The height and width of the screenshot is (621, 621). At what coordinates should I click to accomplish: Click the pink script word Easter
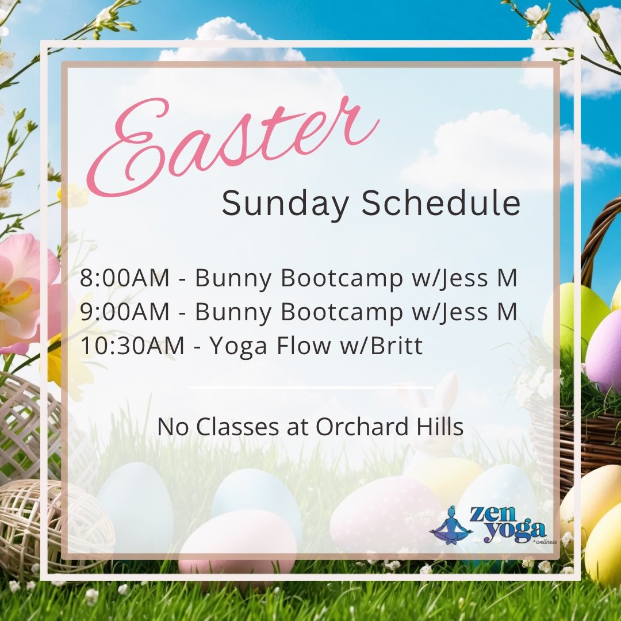(x=230, y=144)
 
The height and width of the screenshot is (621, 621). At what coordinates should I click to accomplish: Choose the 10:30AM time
(x=132, y=346)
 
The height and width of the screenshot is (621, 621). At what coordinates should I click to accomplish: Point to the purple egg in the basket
(x=604, y=351)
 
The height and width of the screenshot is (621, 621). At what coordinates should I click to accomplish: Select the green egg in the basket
(x=575, y=310)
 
